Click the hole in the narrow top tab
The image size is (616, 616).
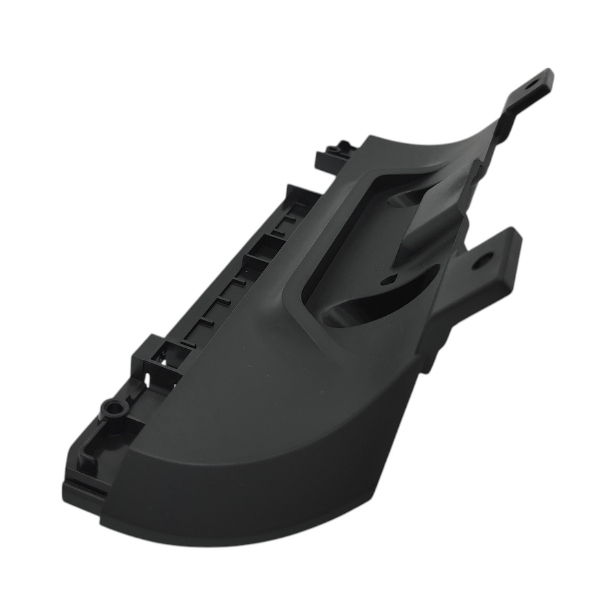pos(532,84)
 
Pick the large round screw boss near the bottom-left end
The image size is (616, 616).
pos(115,409)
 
